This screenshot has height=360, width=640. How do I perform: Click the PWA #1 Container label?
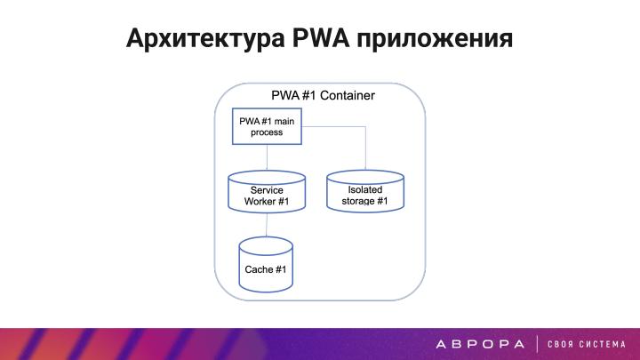pos(322,95)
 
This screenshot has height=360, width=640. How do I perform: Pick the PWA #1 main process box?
pos(267,126)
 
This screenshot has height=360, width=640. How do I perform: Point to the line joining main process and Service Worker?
pos(267,158)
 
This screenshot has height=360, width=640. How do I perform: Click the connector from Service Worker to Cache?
pos(267,226)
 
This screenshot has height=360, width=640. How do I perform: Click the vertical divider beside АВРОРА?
pos(537,343)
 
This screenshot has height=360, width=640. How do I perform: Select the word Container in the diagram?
pos(347,95)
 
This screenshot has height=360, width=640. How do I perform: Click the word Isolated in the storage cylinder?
pos(365,189)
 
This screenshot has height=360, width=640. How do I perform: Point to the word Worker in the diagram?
pos(261,202)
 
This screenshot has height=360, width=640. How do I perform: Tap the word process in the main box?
pos(267,132)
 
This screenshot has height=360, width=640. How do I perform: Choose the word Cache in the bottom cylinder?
pos(259,269)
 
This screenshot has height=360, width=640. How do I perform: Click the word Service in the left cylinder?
pos(267,190)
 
